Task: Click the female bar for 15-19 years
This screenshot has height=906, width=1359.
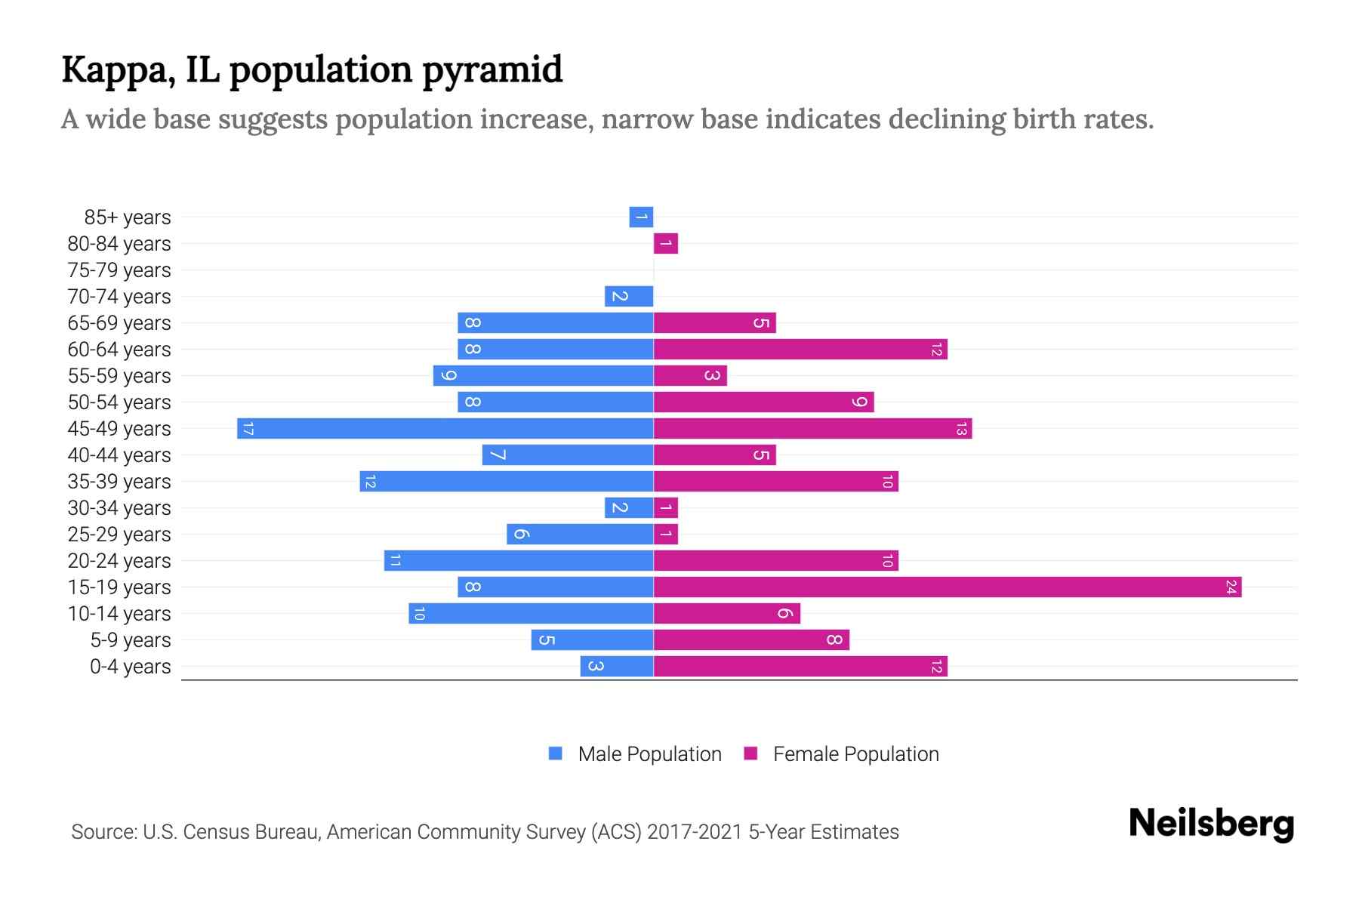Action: [947, 587]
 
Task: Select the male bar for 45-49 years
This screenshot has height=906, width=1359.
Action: [445, 428]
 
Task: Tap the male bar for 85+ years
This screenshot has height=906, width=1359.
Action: [641, 217]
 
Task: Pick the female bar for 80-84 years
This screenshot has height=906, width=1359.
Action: [666, 243]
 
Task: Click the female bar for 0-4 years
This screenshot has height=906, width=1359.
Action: [800, 666]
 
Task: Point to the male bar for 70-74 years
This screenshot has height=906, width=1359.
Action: [629, 296]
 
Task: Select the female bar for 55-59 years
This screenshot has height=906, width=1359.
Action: [690, 375]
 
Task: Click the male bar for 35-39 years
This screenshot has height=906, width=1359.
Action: [506, 481]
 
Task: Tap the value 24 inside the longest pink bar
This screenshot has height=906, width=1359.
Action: [1231, 587]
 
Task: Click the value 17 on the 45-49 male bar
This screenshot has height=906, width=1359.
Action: [248, 429]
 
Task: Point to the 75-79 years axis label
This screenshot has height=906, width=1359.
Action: [119, 270]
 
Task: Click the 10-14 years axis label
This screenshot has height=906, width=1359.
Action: [119, 613]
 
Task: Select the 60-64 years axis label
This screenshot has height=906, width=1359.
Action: [119, 349]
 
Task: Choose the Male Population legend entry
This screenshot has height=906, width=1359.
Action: [649, 753]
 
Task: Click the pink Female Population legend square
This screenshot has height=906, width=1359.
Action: [750, 753]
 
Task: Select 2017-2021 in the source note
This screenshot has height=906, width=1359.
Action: [695, 831]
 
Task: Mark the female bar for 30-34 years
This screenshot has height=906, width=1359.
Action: [666, 507]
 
